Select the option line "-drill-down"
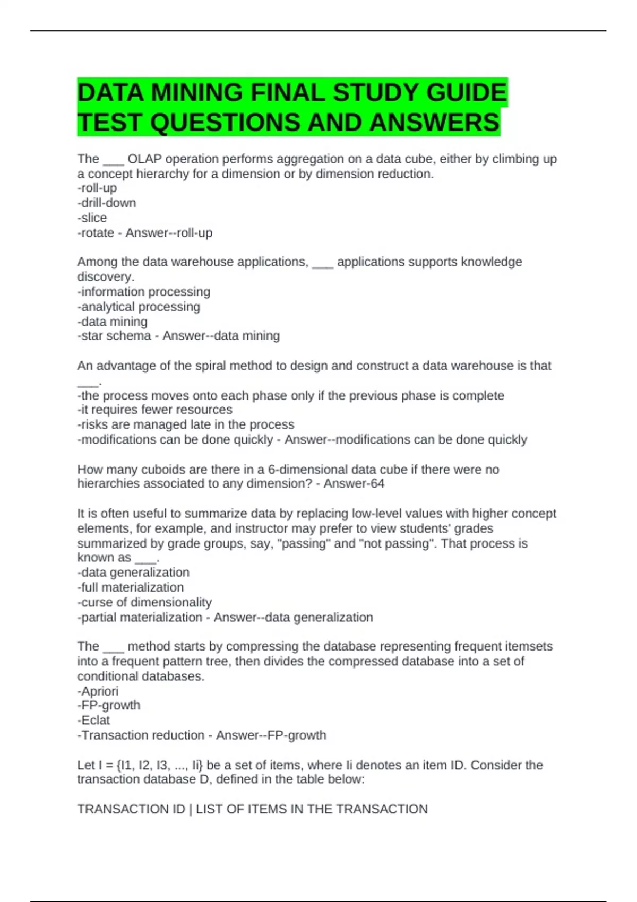107,203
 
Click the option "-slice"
92,218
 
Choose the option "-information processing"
144,291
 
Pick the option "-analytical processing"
139,306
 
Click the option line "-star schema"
114,336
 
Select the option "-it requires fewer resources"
154,410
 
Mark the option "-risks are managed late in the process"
186,424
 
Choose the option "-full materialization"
131,587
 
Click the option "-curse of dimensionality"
144,602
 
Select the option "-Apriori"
98,691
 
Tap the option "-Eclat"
93,720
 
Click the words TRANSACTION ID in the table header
131,809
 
